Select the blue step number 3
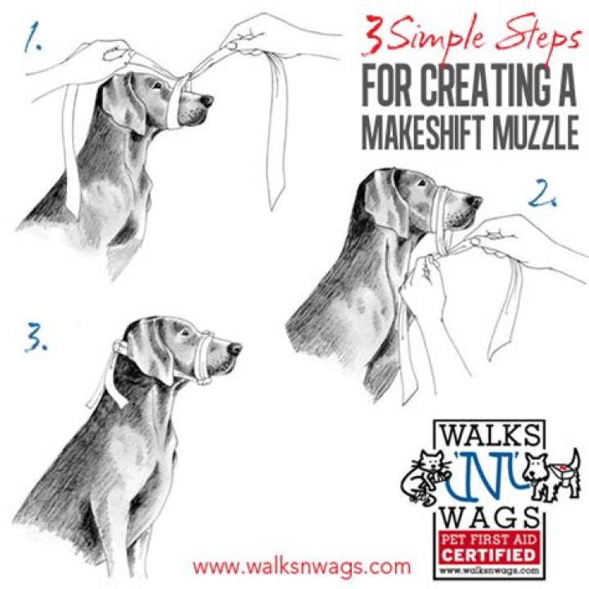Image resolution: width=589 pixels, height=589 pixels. [36, 337]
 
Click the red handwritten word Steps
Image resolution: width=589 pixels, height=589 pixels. [537, 38]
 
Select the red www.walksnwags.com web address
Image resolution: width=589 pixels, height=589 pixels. [302, 566]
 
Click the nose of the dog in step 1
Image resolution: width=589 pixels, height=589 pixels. [207, 101]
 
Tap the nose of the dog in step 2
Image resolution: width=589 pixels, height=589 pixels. [475, 202]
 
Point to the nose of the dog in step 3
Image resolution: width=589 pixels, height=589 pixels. [235, 349]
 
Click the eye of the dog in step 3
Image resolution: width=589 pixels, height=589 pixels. [184, 333]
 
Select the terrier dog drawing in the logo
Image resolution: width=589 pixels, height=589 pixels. [551, 475]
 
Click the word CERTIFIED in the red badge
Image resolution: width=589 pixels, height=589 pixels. [488, 555]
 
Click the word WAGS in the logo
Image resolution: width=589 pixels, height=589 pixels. [488, 517]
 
